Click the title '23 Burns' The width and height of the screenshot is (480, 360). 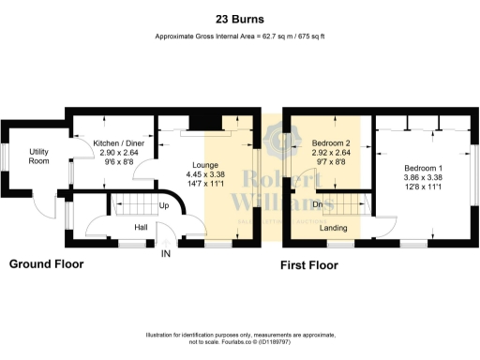(240, 18)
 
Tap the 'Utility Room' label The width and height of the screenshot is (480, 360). (38, 156)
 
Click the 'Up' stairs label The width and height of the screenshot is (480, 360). (164, 205)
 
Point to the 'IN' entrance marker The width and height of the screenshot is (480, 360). (166, 254)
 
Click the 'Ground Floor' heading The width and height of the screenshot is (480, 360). (46, 264)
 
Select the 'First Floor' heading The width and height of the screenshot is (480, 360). (310, 265)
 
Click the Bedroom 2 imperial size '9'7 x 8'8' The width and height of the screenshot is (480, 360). (331, 161)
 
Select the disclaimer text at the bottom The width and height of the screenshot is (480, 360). (240, 338)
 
